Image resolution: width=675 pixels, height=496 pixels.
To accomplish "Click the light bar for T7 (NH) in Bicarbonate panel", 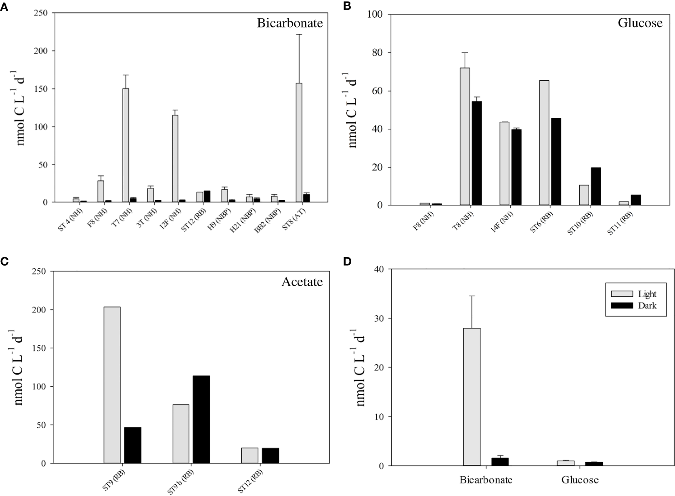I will tap(126, 145).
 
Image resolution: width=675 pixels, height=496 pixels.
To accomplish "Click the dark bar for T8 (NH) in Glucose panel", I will tap(476, 153).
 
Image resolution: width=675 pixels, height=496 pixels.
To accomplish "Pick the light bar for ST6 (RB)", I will tap(544, 143).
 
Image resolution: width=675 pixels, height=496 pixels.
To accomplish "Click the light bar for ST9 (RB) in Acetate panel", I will tap(112, 385).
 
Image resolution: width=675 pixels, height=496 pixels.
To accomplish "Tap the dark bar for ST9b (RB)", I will tap(201, 419).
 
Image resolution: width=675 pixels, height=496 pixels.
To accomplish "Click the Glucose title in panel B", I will tap(640, 23).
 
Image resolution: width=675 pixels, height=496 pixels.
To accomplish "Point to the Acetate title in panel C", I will tap(302, 282).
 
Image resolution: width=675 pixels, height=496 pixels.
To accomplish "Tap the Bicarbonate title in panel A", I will tap(290, 23).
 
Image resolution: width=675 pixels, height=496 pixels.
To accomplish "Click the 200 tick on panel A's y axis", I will tap(42, 51).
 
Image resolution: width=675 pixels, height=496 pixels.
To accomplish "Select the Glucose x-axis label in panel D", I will tap(580, 480).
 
